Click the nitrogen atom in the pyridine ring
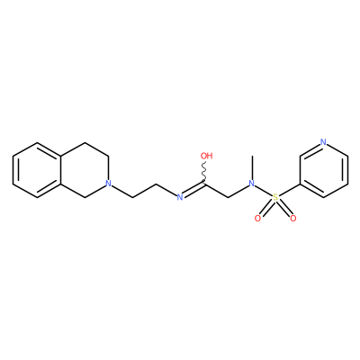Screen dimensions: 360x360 point(323,142)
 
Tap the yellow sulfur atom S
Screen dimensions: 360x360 point(275,197)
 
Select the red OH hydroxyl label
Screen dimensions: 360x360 point(206,156)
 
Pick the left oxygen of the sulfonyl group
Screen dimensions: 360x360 point(257,219)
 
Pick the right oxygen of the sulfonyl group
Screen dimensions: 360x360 point(293,219)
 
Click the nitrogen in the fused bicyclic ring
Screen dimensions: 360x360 point(109,183)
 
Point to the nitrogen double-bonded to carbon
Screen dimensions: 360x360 point(180,197)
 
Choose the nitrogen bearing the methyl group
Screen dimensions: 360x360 point(252,183)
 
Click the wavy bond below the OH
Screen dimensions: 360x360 point(204,172)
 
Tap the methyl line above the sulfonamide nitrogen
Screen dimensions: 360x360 point(252,167)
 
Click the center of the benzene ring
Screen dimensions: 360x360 point(37,170)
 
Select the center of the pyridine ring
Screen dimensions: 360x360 point(323,170)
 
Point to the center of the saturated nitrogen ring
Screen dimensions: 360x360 point(85,170)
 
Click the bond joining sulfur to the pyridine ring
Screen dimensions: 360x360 point(289,190)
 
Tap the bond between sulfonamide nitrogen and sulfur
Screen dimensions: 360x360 point(264,190)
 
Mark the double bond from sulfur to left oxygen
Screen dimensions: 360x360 point(266,208)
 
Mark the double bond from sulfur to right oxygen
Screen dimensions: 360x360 point(284,208)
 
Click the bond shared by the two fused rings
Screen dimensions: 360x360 point(61,170)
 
